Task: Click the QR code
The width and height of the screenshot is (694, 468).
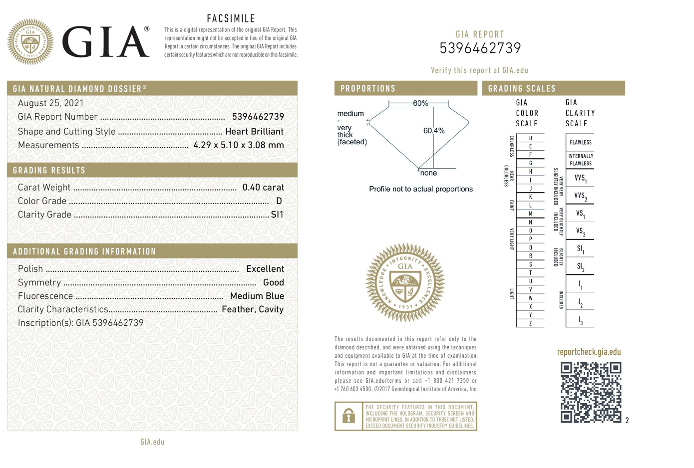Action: point(591,392)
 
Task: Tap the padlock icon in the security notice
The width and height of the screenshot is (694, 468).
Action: point(348,416)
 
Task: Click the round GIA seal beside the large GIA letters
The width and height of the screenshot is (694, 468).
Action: point(30,42)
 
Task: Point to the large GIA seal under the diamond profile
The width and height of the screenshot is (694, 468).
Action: point(405,282)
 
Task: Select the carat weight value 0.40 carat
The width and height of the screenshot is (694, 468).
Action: point(263,188)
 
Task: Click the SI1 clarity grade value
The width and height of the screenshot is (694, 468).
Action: point(277,215)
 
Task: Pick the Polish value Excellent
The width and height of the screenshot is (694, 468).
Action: point(265,269)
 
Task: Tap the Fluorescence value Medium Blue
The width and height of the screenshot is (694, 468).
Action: point(257,296)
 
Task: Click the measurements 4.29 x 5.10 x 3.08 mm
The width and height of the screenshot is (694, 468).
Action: point(238,145)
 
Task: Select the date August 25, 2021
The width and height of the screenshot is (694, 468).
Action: point(51,103)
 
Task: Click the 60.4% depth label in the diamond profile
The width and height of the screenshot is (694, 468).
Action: point(433,131)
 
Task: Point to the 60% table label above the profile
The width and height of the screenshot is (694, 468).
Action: point(420,103)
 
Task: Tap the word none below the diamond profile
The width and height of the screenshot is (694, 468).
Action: point(428,173)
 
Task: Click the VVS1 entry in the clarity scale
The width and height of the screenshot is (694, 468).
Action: point(580,178)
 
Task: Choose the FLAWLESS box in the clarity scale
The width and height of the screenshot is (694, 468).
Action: point(580,142)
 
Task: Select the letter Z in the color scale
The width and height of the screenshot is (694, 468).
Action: point(530,323)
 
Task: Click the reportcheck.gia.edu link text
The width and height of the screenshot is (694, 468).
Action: point(589,352)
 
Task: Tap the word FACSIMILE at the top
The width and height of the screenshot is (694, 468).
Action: point(231,19)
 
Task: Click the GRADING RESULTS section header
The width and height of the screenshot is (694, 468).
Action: point(49,171)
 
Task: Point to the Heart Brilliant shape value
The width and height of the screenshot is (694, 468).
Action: point(254,132)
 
